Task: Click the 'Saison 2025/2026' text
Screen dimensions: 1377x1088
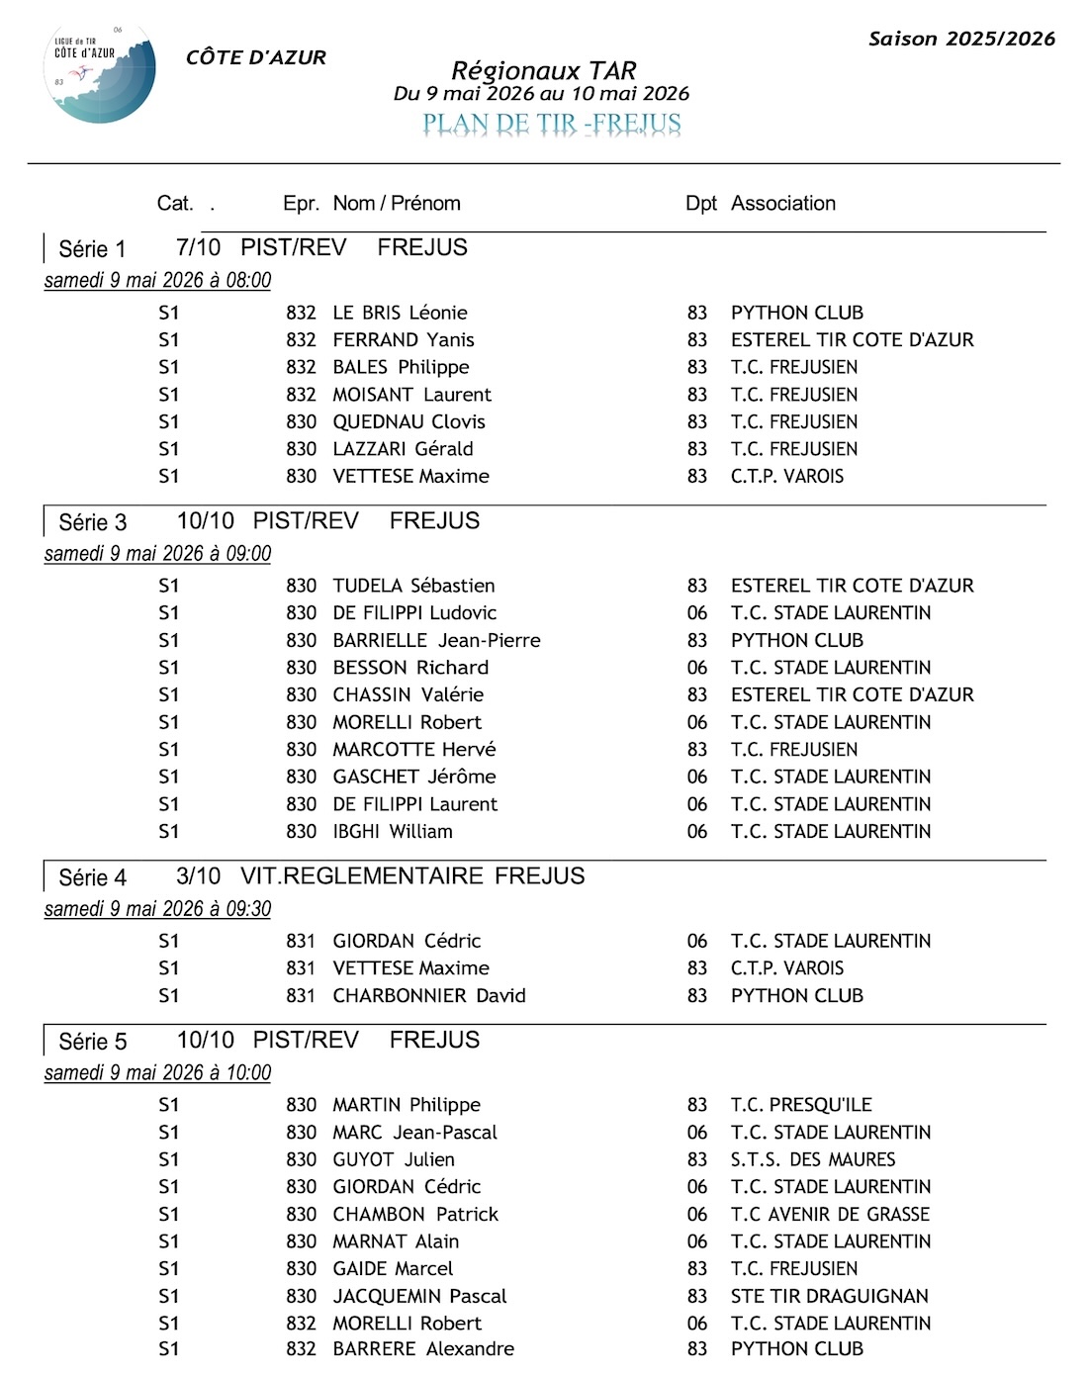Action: point(961,39)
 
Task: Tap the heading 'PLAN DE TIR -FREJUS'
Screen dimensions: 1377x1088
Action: point(552,124)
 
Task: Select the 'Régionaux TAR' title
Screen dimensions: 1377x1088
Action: point(543,70)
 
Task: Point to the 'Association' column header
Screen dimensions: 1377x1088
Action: point(782,204)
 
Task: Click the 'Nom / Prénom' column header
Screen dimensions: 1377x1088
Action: point(397,204)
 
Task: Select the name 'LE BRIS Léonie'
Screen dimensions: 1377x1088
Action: point(400,313)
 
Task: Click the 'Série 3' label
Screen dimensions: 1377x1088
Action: point(93,522)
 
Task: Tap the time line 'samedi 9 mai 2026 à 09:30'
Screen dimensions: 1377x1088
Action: point(157,909)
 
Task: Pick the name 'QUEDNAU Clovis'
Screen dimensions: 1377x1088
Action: point(408,421)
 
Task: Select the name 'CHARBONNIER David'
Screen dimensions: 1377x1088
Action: point(428,995)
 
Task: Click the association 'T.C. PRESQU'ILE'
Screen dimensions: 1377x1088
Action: point(801,1105)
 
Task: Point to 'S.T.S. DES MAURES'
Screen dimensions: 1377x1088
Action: point(813,1159)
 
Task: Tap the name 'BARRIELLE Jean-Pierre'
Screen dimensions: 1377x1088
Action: point(436,640)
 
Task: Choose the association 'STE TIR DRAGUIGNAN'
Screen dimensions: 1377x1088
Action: point(829,1296)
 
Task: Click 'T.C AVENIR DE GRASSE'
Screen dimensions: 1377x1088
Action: point(830,1214)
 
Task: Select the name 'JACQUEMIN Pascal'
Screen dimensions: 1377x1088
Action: point(419,1296)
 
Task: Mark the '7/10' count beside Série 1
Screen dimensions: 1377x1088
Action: point(198,247)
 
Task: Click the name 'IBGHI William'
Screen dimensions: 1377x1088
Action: point(393,832)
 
